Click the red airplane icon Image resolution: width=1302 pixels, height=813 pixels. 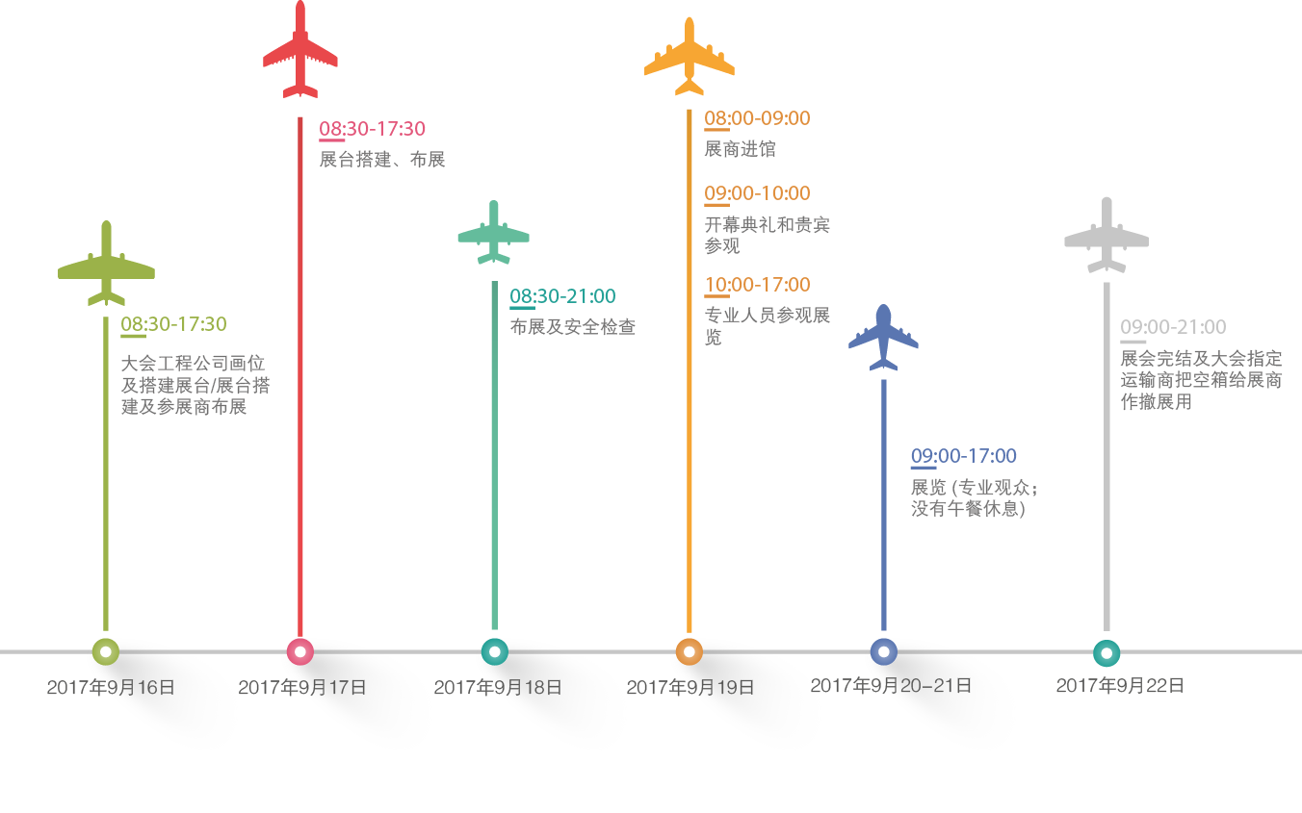pyautogui.click(x=300, y=50)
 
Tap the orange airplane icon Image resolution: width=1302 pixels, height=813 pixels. pyautogui.click(x=690, y=58)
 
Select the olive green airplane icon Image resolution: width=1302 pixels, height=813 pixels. pyautogui.click(x=106, y=265)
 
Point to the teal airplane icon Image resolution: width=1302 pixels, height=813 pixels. pyautogui.click(x=493, y=234)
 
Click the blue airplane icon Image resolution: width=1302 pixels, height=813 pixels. pyautogui.click(x=883, y=339)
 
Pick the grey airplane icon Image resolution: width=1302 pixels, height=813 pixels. pyautogui.click(x=1107, y=237)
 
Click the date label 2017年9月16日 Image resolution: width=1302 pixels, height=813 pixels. pyautogui.click(x=111, y=687)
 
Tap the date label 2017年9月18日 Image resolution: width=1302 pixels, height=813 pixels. pyautogui.click(x=497, y=687)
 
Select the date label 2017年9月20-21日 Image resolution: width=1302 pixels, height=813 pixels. pyautogui.click(x=891, y=686)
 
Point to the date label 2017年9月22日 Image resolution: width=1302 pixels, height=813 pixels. pyautogui.click(x=1119, y=686)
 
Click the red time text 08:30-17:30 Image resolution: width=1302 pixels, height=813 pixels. pyautogui.click(x=373, y=128)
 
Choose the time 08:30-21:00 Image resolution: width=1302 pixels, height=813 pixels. pyautogui.click(x=562, y=295)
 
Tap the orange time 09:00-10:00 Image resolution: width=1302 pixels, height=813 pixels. pyautogui.click(x=757, y=193)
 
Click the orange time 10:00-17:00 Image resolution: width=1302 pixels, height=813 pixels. pyautogui.click(x=757, y=285)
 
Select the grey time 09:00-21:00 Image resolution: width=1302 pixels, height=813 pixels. pyautogui.click(x=1172, y=327)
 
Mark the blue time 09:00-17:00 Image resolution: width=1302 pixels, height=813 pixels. pyautogui.click(x=963, y=456)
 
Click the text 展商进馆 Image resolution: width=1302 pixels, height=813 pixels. pyautogui.click(x=740, y=149)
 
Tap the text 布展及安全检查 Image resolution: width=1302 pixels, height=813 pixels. pyautogui.click(x=572, y=327)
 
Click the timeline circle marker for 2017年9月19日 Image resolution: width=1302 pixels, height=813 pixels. pyautogui.click(x=689, y=652)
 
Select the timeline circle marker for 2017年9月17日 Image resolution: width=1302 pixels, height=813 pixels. pyautogui.click(x=300, y=652)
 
